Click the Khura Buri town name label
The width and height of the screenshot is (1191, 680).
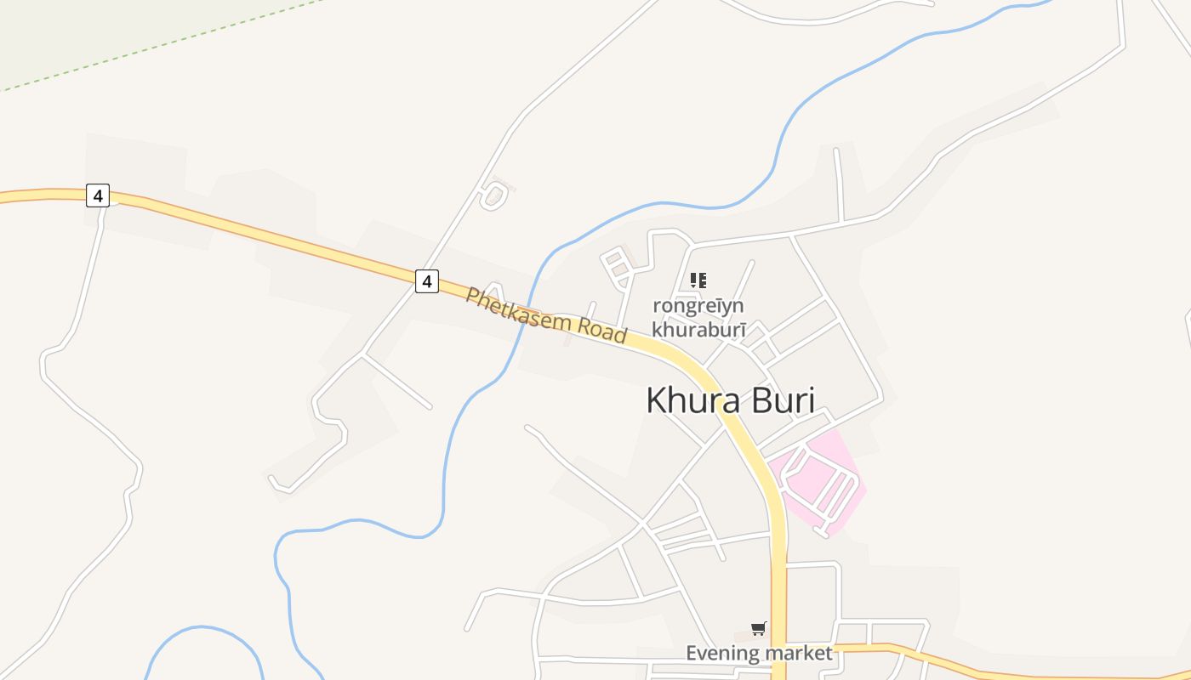[x=730, y=400]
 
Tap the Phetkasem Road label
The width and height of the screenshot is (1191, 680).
[x=545, y=315]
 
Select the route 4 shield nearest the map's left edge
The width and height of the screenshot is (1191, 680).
[x=98, y=196]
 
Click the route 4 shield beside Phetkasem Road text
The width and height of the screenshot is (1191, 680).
[x=427, y=280]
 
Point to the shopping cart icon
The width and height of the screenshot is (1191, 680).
[x=758, y=629]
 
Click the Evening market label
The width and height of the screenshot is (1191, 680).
[x=759, y=653]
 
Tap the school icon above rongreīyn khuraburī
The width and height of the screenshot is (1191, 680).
[x=698, y=280]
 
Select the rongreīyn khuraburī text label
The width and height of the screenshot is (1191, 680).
[x=698, y=317]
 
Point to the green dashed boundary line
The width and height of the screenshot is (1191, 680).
[x=170, y=42]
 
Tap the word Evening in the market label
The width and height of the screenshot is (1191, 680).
[x=722, y=653]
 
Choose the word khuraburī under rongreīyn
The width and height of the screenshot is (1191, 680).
[x=698, y=329]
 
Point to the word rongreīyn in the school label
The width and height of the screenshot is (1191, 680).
[x=698, y=305]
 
